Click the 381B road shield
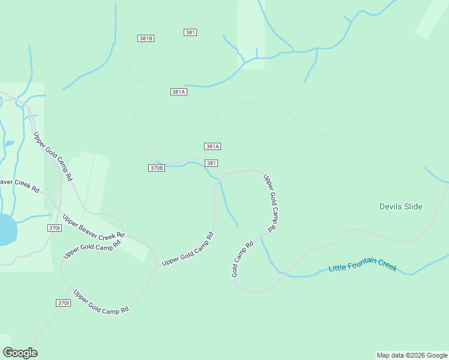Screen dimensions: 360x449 (x=146, y=38)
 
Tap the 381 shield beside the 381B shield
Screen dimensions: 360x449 (x=190, y=32)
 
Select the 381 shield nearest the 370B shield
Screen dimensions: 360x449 (x=211, y=163)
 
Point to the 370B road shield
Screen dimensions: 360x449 (x=156, y=168)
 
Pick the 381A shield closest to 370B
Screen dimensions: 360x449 (x=212, y=146)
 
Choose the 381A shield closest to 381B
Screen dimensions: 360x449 (x=179, y=92)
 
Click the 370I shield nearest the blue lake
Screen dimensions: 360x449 (x=54, y=228)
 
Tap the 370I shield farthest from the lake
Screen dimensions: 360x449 (x=64, y=303)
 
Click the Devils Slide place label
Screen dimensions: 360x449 (x=401, y=206)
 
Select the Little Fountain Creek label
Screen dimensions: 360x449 (x=363, y=265)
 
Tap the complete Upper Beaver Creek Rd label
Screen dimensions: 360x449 (x=94, y=226)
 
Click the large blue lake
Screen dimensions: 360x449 (x=5, y=230)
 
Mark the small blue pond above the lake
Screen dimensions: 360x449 (x=9, y=143)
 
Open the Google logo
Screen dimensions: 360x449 (x=20, y=353)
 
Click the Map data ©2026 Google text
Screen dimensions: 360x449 (x=412, y=355)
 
